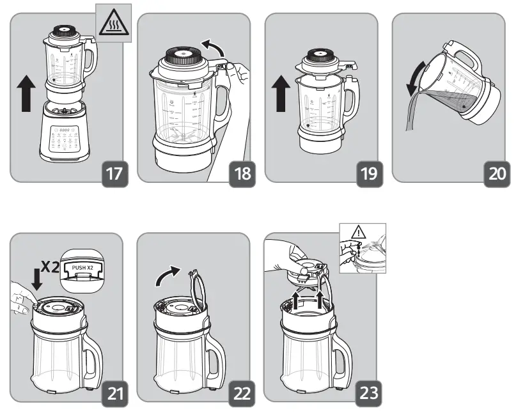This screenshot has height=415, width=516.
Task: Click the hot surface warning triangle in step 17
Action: [x=113, y=24]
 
